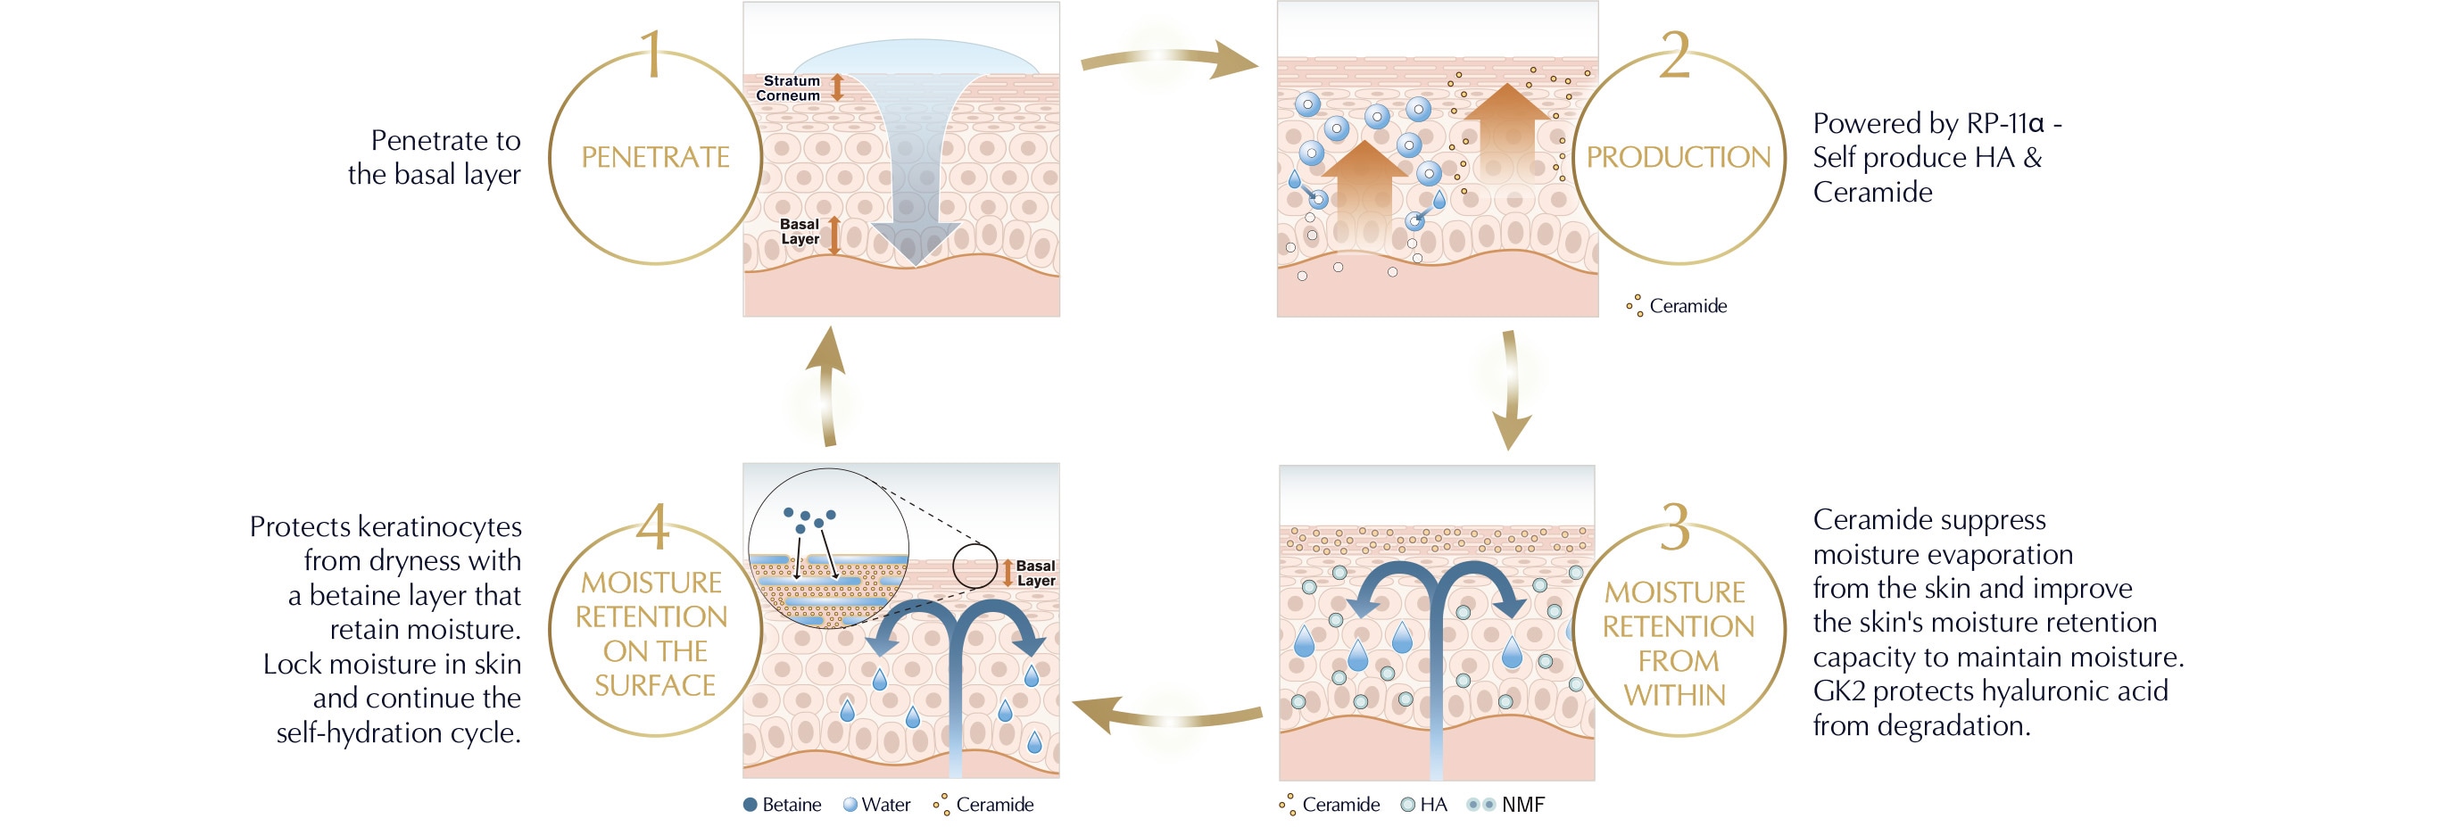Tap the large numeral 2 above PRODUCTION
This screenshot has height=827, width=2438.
coord(1674,55)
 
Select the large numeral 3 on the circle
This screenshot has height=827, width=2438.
coord(1674,526)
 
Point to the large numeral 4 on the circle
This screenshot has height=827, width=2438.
coord(653,526)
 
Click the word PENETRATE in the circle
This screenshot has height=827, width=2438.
coord(655,157)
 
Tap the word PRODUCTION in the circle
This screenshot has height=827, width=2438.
coord(1678,157)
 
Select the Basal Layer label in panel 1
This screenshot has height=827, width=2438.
coord(800,232)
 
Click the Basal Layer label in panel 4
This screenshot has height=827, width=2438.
coord(1035,574)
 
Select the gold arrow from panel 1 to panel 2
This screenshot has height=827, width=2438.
coord(1168,61)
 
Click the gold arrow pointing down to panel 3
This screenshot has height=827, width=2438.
coord(1511,388)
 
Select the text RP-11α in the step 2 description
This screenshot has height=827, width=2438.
coord(2004,123)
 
